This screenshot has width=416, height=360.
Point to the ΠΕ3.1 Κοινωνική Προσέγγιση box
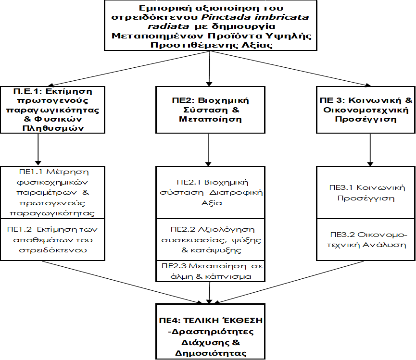[x=366, y=193]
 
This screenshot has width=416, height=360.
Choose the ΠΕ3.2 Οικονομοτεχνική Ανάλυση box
[x=366, y=239]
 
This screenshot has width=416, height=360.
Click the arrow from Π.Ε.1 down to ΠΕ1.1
[x=37, y=149]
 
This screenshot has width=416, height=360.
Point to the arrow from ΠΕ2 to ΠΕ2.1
[x=208, y=149]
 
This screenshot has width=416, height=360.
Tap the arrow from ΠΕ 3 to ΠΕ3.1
[x=369, y=149]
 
